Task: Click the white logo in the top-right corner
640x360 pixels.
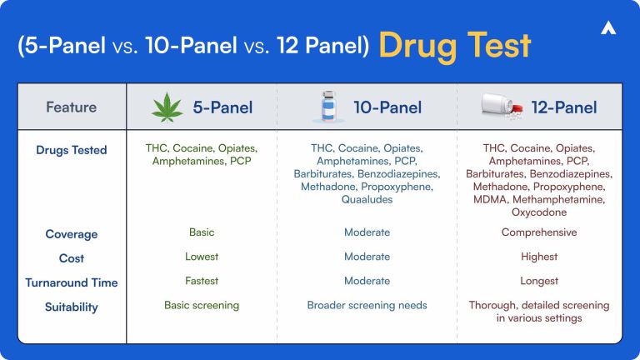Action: [607, 28]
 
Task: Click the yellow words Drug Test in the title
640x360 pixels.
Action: [454, 45]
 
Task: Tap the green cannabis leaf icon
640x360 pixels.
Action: [167, 107]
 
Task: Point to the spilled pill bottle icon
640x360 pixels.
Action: [502, 107]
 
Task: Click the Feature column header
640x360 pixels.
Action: [71, 107]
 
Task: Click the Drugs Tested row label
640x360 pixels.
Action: [71, 150]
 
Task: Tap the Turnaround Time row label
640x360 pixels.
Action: [71, 282]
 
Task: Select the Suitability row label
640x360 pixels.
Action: [71, 307]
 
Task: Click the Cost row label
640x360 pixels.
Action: [71, 258]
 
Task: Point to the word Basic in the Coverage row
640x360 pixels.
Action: [201, 232]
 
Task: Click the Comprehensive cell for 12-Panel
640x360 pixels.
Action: [538, 232]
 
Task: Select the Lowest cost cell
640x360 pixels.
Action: [201, 257]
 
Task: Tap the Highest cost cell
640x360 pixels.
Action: [538, 257]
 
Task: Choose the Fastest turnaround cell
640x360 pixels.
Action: [201, 281]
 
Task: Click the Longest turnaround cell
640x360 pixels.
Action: [538, 281]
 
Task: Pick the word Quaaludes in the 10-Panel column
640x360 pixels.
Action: [367, 201]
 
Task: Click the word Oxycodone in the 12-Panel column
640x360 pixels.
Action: [538, 212]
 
